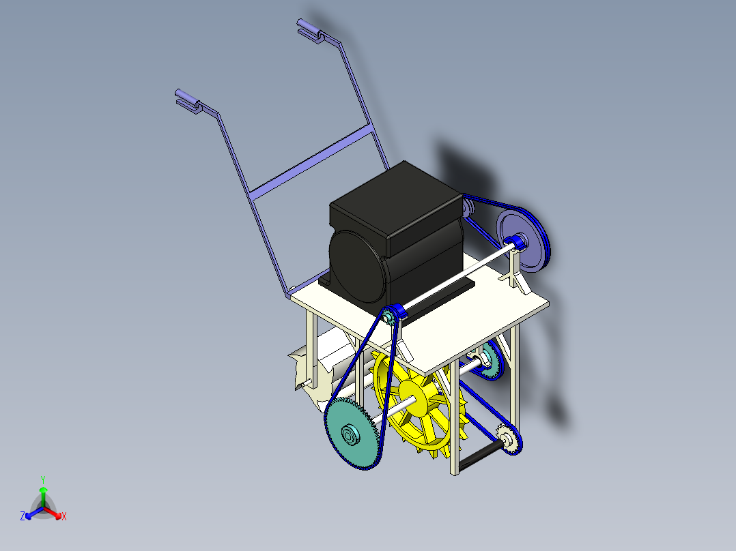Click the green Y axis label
42,479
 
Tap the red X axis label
64,516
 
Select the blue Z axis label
23,516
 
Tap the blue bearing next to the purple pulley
516,241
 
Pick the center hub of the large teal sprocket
349,432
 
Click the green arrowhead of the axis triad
43,490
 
